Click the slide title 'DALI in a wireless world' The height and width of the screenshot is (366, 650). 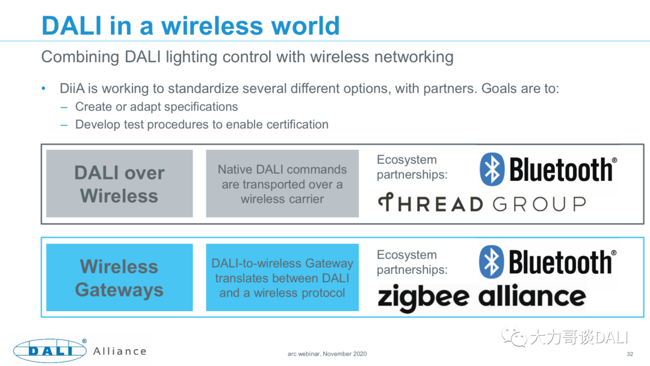(190, 25)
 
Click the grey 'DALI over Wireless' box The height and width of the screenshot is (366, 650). (119, 184)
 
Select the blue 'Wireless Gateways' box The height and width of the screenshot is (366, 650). (119, 278)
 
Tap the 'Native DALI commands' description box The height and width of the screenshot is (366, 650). (282, 184)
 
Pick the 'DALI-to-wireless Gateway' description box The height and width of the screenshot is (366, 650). (282, 278)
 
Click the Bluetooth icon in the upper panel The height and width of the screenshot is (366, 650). (492, 169)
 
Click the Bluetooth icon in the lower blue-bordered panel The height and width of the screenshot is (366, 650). (492, 262)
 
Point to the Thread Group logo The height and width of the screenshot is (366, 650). (481, 204)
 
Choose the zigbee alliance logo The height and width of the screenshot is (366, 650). (481, 297)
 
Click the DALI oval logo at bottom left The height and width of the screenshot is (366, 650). (51, 351)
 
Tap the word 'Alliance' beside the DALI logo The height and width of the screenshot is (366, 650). (120, 351)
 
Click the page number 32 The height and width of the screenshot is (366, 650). (630, 354)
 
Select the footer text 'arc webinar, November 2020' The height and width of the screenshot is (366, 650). (327, 354)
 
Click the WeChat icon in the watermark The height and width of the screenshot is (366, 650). (515, 336)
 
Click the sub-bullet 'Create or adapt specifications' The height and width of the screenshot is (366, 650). (156, 107)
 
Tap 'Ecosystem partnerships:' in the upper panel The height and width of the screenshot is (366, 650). (412, 168)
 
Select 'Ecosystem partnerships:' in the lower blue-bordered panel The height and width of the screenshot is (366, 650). (412, 262)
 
